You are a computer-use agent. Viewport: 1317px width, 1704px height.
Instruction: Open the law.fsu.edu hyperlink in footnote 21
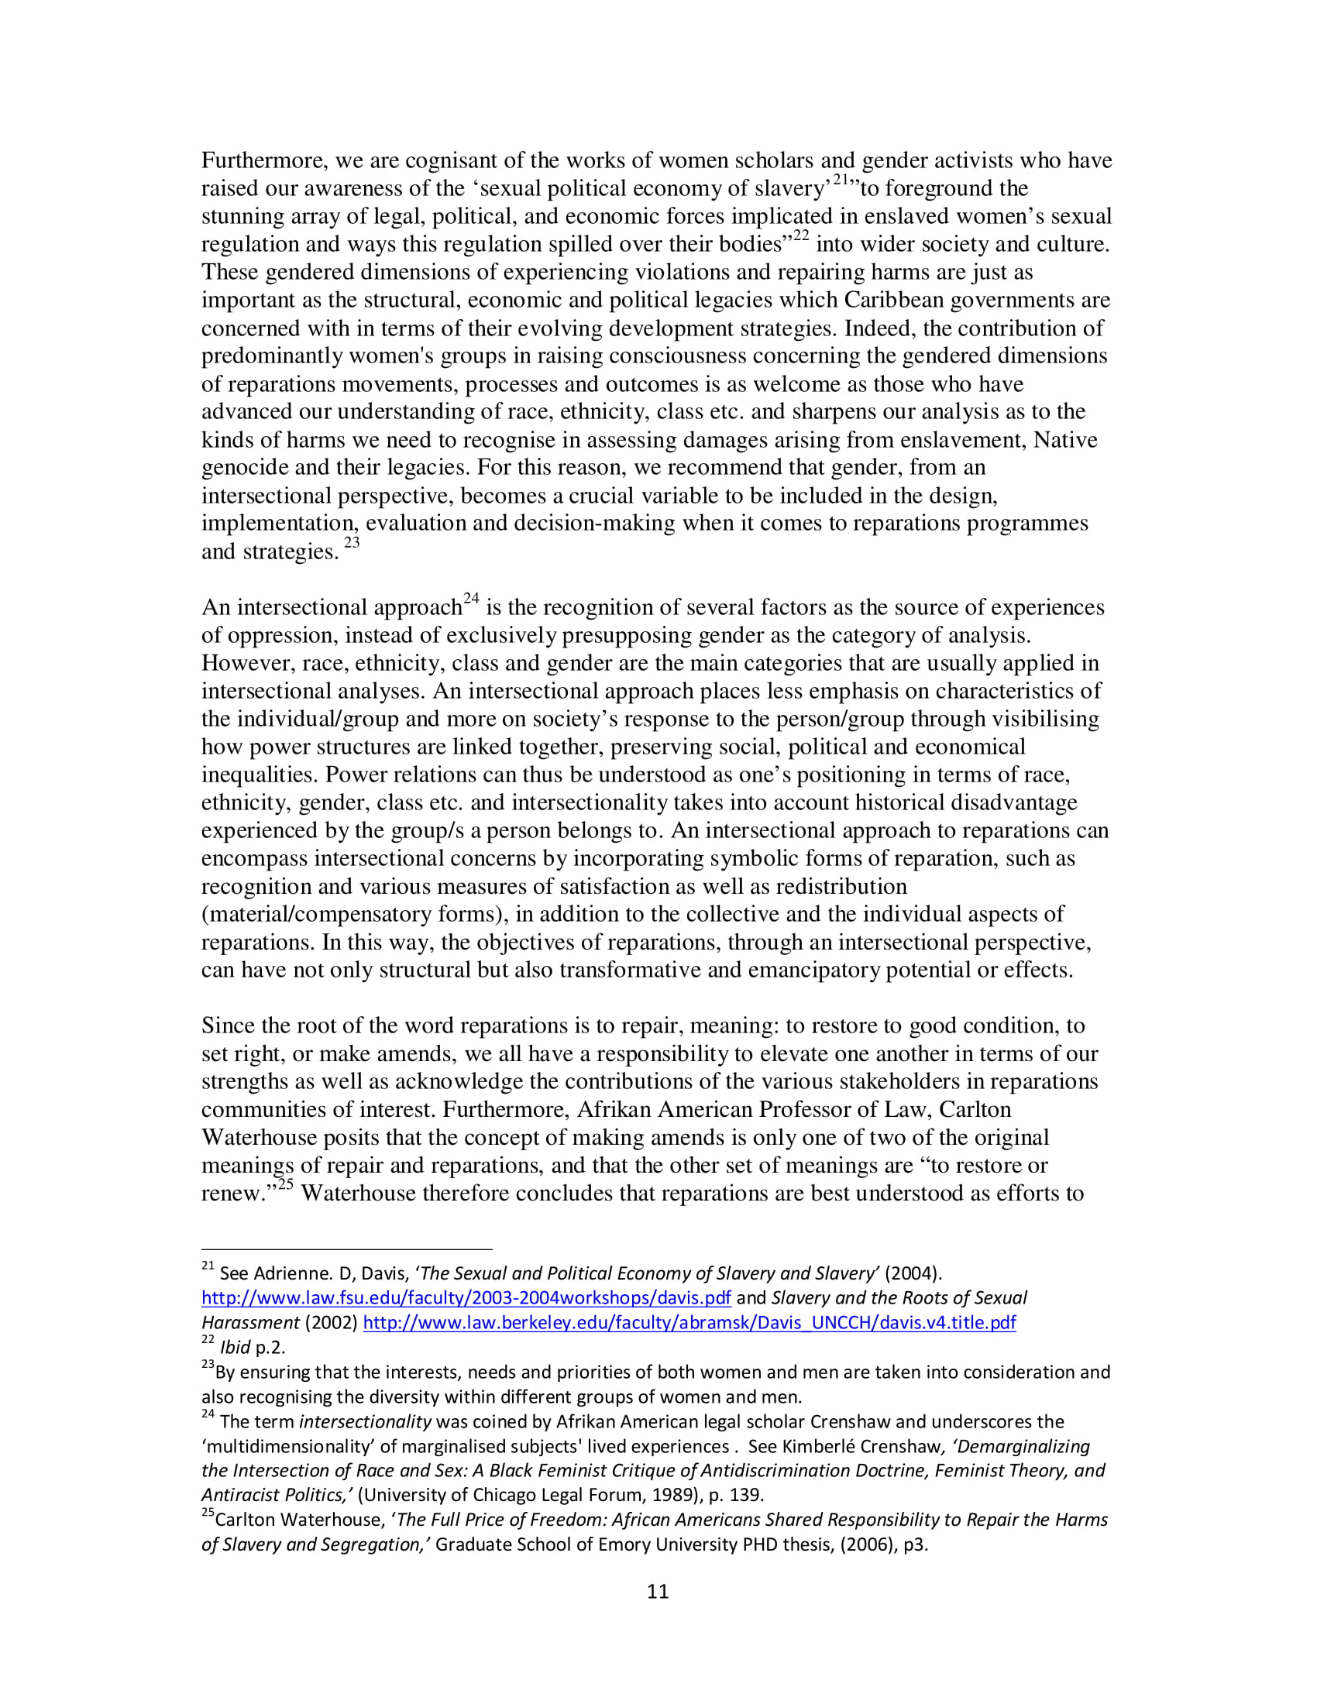pos(466,1297)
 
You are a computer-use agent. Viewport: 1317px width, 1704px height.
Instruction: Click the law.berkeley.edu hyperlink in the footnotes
pos(689,1322)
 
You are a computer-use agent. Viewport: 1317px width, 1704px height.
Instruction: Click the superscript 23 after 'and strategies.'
pos(352,543)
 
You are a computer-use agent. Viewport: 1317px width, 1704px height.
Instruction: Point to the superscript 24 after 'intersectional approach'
pos(471,599)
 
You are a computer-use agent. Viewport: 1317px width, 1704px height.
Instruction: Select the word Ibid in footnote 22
pos(235,1348)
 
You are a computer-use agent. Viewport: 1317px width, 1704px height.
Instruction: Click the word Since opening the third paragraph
pos(229,1026)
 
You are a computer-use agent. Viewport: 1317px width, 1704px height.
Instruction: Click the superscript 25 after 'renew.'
pos(285,1185)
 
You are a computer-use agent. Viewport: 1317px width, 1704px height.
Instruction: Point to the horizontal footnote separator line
pos(346,1249)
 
